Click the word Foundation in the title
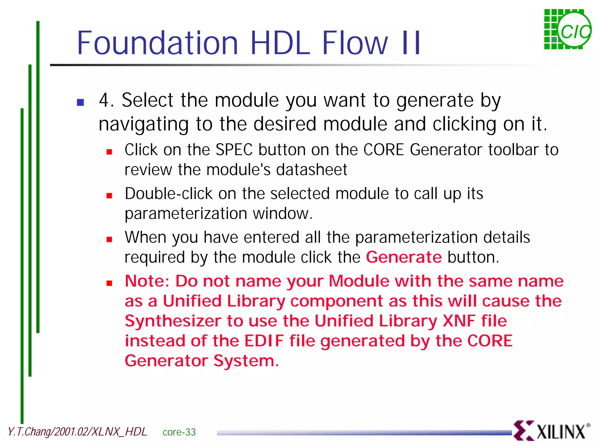(x=157, y=43)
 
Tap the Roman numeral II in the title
(x=411, y=43)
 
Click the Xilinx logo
(x=551, y=431)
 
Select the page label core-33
(x=179, y=432)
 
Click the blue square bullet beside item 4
(x=80, y=102)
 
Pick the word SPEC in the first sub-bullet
(x=234, y=150)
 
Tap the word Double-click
(x=168, y=194)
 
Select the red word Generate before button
(x=404, y=257)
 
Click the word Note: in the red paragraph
(x=147, y=281)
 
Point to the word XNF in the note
(x=459, y=321)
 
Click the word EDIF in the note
(x=264, y=341)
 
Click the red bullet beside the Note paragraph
(x=109, y=283)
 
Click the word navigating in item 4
(x=144, y=124)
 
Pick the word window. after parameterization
(x=283, y=213)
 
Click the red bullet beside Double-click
(x=109, y=196)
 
